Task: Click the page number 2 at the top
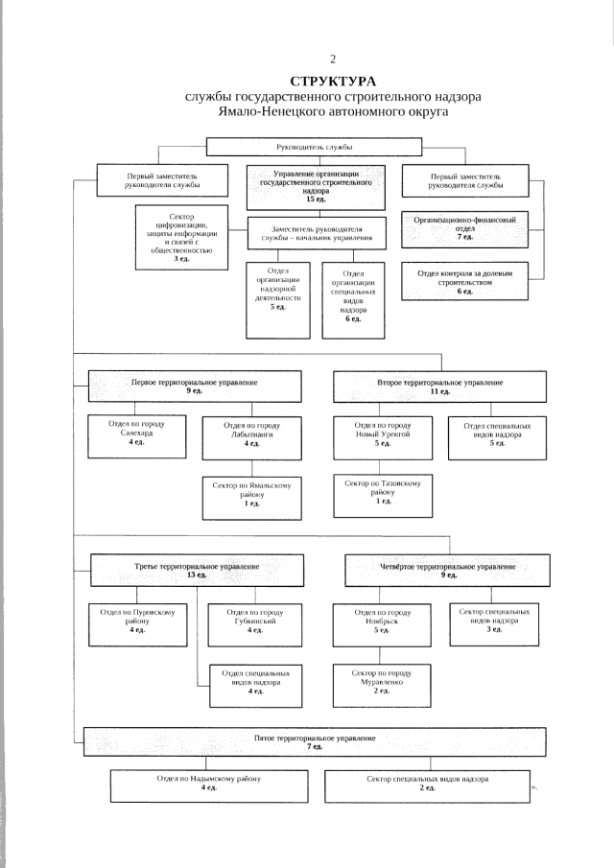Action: [x=333, y=59]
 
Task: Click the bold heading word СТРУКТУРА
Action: [x=333, y=82]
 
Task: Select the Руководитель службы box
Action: [x=314, y=147]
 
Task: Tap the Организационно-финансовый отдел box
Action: [x=465, y=228]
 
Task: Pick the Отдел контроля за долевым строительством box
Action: [x=465, y=281]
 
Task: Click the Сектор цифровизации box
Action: [x=181, y=238]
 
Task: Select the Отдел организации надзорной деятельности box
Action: [x=278, y=300]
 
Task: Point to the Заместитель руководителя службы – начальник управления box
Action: [x=317, y=233]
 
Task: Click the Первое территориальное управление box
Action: [x=195, y=386]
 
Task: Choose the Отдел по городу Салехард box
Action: [x=137, y=437]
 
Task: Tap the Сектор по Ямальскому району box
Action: [x=252, y=498]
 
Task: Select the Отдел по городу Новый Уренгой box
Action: [x=383, y=438]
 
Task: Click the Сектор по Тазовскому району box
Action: [x=383, y=496]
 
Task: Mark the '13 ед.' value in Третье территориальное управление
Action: [x=197, y=575]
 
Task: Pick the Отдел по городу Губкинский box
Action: [x=255, y=625]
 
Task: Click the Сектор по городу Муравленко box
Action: [x=382, y=686]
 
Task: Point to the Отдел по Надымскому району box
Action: [x=209, y=786]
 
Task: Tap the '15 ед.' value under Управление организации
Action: [x=316, y=199]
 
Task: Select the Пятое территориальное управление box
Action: [x=315, y=741]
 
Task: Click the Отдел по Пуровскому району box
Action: [x=138, y=625]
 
